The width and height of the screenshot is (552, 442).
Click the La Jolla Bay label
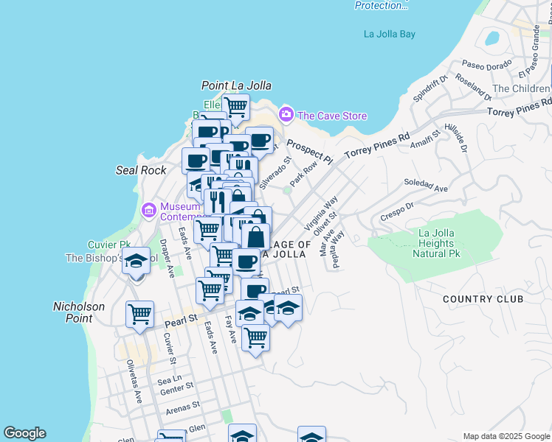(x=390, y=34)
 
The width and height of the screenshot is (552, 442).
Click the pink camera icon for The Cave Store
(x=286, y=115)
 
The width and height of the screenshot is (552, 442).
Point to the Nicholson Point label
(x=79, y=312)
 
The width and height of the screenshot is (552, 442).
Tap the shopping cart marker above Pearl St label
(x=139, y=315)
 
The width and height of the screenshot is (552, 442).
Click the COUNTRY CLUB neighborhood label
(x=483, y=299)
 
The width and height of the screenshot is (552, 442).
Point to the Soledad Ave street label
(x=427, y=183)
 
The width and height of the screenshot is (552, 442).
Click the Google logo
(x=24, y=433)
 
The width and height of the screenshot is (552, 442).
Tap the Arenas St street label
(x=182, y=405)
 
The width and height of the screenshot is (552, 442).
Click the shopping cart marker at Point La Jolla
(x=235, y=106)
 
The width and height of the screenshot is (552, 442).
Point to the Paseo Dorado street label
(x=484, y=66)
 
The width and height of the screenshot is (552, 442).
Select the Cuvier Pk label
(x=108, y=245)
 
